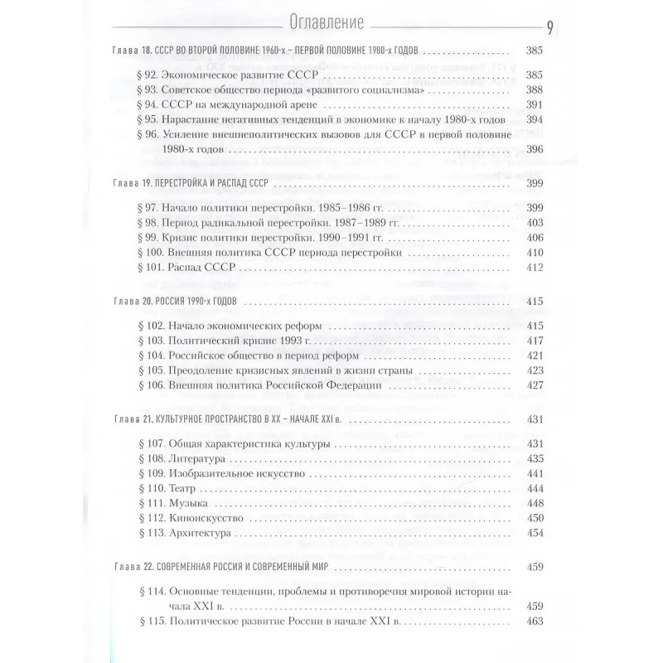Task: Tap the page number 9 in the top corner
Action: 550,25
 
